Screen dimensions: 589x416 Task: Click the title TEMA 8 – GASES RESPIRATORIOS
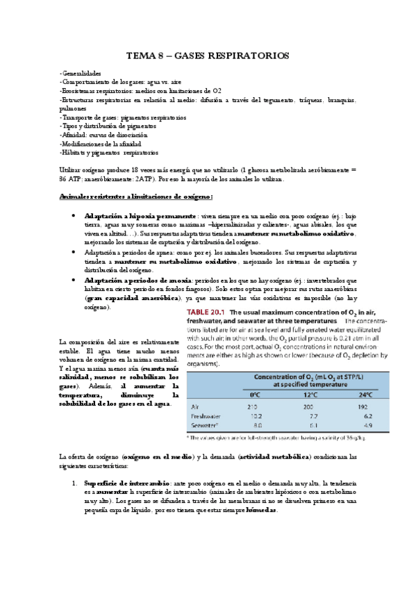point(208,55)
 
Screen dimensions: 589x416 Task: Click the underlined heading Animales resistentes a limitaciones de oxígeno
point(126,198)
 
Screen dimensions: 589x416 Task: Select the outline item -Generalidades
point(80,74)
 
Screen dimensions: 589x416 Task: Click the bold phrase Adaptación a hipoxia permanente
point(129,216)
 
